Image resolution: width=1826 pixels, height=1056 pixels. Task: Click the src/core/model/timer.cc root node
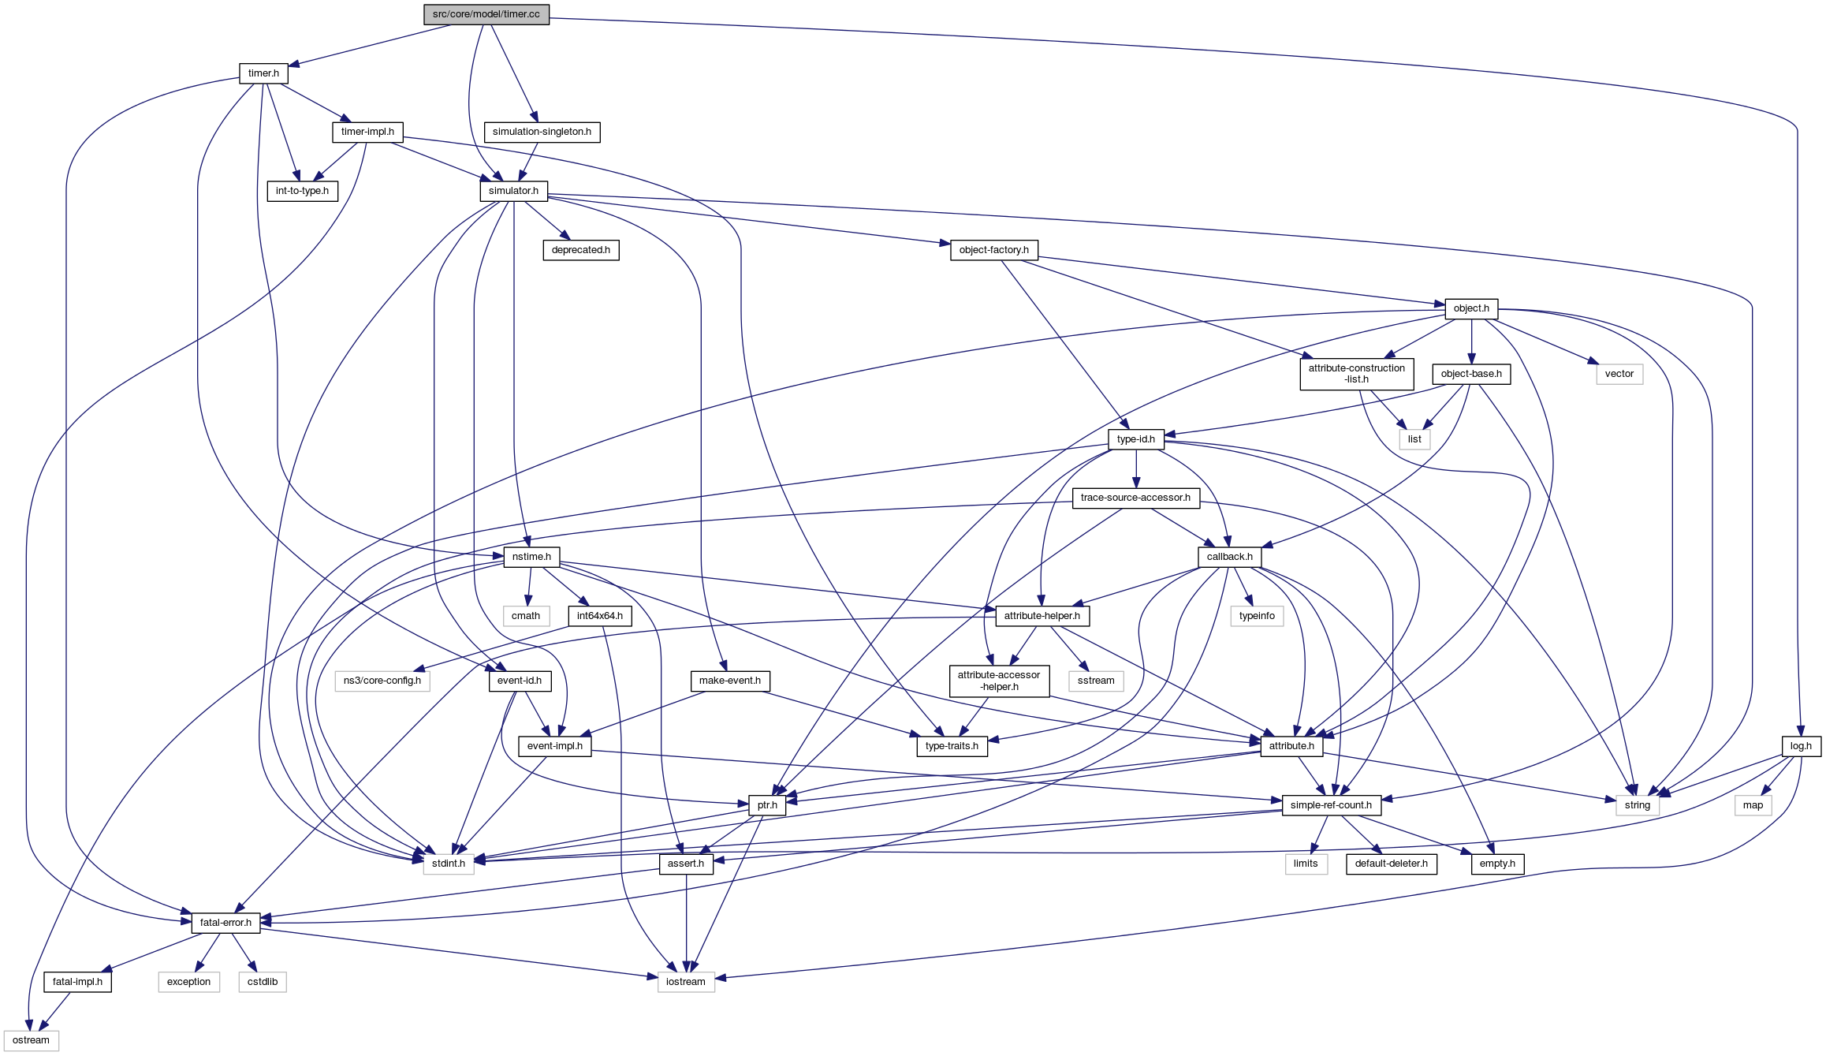(486, 14)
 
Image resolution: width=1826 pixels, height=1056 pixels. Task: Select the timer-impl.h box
(367, 132)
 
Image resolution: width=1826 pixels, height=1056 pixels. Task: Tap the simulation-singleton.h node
(542, 132)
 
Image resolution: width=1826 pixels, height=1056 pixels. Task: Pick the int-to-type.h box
(302, 191)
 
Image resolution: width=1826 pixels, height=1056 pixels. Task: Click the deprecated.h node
(580, 250)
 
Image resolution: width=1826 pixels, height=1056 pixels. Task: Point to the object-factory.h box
(993, 250)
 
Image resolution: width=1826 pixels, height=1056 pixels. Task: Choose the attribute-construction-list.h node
(1356, 374)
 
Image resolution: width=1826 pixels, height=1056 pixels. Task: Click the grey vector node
(1619, 374)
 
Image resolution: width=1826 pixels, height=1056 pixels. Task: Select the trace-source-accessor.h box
(1135, 498)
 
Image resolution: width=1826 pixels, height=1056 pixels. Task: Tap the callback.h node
(1229, 557)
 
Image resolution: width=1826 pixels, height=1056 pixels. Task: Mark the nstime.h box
(531, 557)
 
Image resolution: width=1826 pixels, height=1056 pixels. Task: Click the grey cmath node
(526, 616)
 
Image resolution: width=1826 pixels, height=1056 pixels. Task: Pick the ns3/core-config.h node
(382, 681)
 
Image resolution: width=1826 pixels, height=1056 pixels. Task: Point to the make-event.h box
(729, 681)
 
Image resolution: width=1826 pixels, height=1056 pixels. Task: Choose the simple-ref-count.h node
(1331, 805)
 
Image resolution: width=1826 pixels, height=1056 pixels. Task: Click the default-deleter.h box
(1391, 864)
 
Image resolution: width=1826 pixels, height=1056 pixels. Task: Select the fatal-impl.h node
(77, 982)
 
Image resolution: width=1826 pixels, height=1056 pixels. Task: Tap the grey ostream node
(31, 1040)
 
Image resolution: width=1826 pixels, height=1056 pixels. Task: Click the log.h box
(1801, 746)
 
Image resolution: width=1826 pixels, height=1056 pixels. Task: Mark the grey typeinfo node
(1257, 616)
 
